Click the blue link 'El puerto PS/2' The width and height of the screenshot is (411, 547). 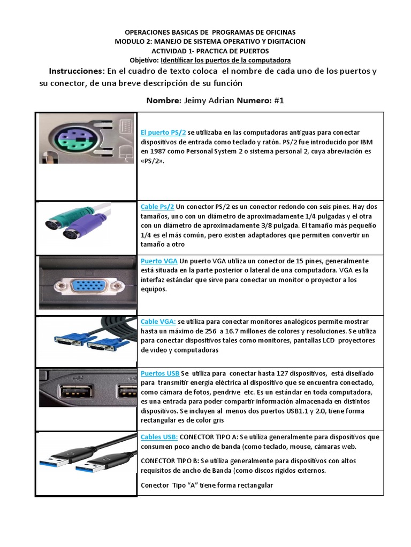(163, 132)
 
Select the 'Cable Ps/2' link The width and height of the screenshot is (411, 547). (157, 206)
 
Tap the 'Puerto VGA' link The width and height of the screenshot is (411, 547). (159, 261)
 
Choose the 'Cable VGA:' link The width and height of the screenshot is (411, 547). (158, 322)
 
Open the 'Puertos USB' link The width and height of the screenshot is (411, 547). (160, 373)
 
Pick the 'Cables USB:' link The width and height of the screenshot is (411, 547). (159, 437)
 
